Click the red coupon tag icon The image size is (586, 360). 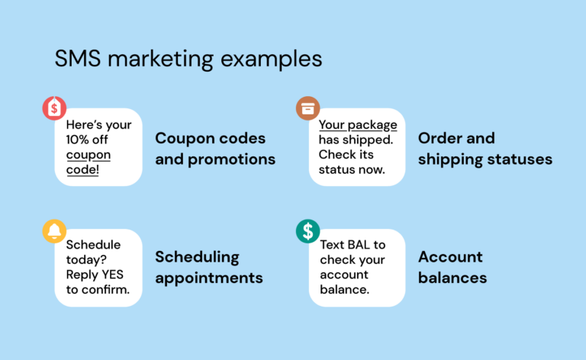click(x=54, y=109)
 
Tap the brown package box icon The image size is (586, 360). click(x=307, y=109)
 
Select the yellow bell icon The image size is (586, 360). click(x=54, y=230)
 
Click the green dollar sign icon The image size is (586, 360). click(x=307, y=230)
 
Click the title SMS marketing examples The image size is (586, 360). click(x=188, y=59)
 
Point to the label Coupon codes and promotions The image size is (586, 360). click(x=215, y=149)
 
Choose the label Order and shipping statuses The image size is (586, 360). click(x=485, y=149)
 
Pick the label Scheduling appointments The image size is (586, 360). click(x=209, y=267)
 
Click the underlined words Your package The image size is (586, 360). click(x=357, y=124)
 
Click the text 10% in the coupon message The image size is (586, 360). click(x=82, y=140)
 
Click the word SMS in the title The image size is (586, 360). click(x=75, y=59)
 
